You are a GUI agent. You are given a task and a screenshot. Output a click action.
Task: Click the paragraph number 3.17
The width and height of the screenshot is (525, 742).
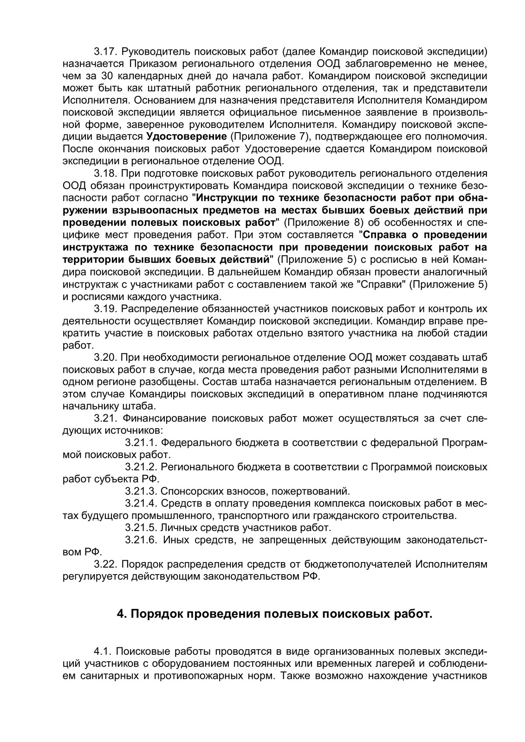[x=104, y=51]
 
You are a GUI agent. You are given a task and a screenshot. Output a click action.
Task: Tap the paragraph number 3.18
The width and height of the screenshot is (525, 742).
[x=104, y=173]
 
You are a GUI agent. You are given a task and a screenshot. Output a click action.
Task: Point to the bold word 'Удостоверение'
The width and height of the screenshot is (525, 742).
[x=186, y=137]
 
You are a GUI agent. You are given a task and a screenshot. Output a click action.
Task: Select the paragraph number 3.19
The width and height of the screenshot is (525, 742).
[x=104, y=308]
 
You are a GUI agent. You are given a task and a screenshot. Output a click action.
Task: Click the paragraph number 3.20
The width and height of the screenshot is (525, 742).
[x=104, y=357]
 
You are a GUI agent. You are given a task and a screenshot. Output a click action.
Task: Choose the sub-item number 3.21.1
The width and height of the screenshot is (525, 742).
[x=141, y=442]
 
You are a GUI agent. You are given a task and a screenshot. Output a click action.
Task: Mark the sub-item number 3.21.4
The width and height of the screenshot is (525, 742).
[x=141, y=504]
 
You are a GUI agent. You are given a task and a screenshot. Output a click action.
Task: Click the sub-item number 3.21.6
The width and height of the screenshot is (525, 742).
[x=141, y=540]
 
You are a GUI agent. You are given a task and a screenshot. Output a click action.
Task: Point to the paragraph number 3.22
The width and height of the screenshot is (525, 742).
[x=104, y=564]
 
